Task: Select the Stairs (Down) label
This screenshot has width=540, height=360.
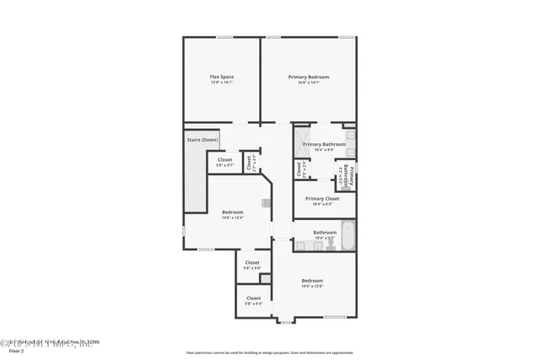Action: click(202, 139)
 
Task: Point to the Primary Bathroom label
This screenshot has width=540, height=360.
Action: click(324, 144)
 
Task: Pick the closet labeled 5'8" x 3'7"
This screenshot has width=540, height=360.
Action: click(225, 161)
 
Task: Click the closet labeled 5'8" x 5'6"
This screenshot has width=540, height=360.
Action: click(252, 264)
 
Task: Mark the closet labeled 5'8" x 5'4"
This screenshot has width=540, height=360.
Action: click(253, 300)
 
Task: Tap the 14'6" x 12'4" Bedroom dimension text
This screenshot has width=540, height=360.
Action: click(232, 218)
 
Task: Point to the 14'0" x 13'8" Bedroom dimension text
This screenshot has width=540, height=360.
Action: click(312, 287)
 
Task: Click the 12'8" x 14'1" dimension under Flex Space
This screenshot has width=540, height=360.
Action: click(222, 82)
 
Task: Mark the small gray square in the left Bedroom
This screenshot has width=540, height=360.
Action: click(265, 202)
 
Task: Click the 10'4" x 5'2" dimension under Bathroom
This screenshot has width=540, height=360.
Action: click(325, 238)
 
